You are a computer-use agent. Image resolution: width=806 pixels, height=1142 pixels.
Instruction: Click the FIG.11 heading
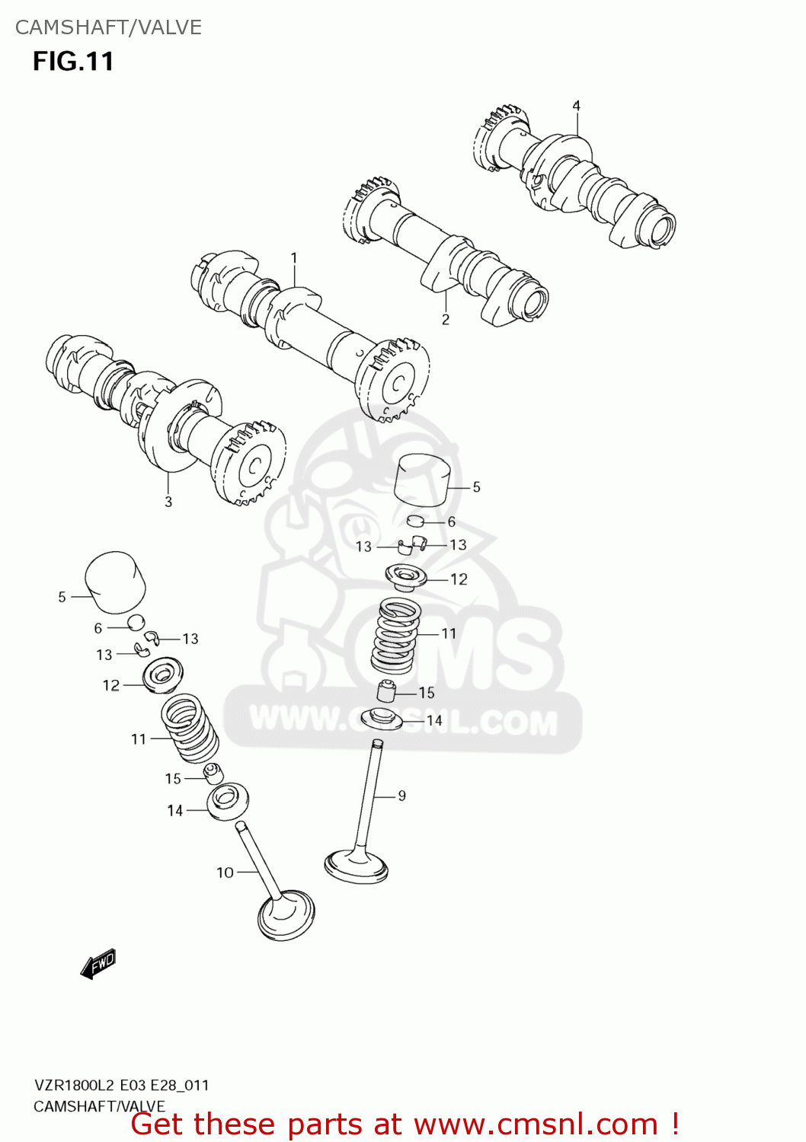73,61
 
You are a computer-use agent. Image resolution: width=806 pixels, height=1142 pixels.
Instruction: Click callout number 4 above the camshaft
576,106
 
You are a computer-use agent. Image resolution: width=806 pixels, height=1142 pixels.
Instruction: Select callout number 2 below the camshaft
446,319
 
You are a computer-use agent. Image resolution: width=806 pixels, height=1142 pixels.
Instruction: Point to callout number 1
294,258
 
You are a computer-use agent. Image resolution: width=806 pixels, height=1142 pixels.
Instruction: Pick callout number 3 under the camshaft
168,502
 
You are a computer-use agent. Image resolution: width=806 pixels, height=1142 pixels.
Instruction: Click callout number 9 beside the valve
401,796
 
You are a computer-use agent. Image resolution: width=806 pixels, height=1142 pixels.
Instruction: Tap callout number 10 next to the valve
225,872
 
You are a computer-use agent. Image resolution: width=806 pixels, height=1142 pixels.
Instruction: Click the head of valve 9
357,866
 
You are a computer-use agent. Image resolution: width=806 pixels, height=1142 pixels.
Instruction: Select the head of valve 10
286,916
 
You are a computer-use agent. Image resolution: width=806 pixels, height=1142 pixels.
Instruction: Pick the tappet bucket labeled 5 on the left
115,582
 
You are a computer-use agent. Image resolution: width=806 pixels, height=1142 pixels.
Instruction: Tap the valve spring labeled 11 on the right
396,636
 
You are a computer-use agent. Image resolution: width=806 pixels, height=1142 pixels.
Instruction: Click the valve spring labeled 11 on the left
189,727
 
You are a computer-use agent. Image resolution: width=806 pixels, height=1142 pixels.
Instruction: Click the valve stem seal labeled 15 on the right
388,691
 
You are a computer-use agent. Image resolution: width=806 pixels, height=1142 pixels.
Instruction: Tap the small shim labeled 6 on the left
136,622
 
